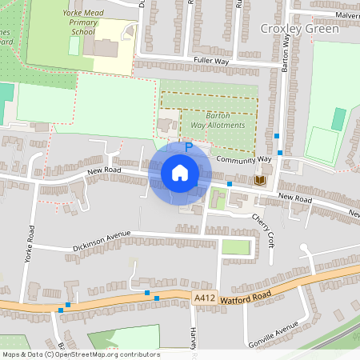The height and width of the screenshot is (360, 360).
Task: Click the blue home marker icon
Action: click(180, 173)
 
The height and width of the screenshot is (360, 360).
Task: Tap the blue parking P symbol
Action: click(189, 147)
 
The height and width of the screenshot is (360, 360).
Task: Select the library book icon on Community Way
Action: click(258, 181)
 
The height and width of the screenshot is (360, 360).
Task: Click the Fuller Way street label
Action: click(210, 61)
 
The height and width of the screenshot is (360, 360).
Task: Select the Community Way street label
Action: click(244, 160)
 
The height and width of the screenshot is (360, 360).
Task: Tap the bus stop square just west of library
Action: click(230, 184)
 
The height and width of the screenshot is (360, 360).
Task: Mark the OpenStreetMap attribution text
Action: click(80, 354)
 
